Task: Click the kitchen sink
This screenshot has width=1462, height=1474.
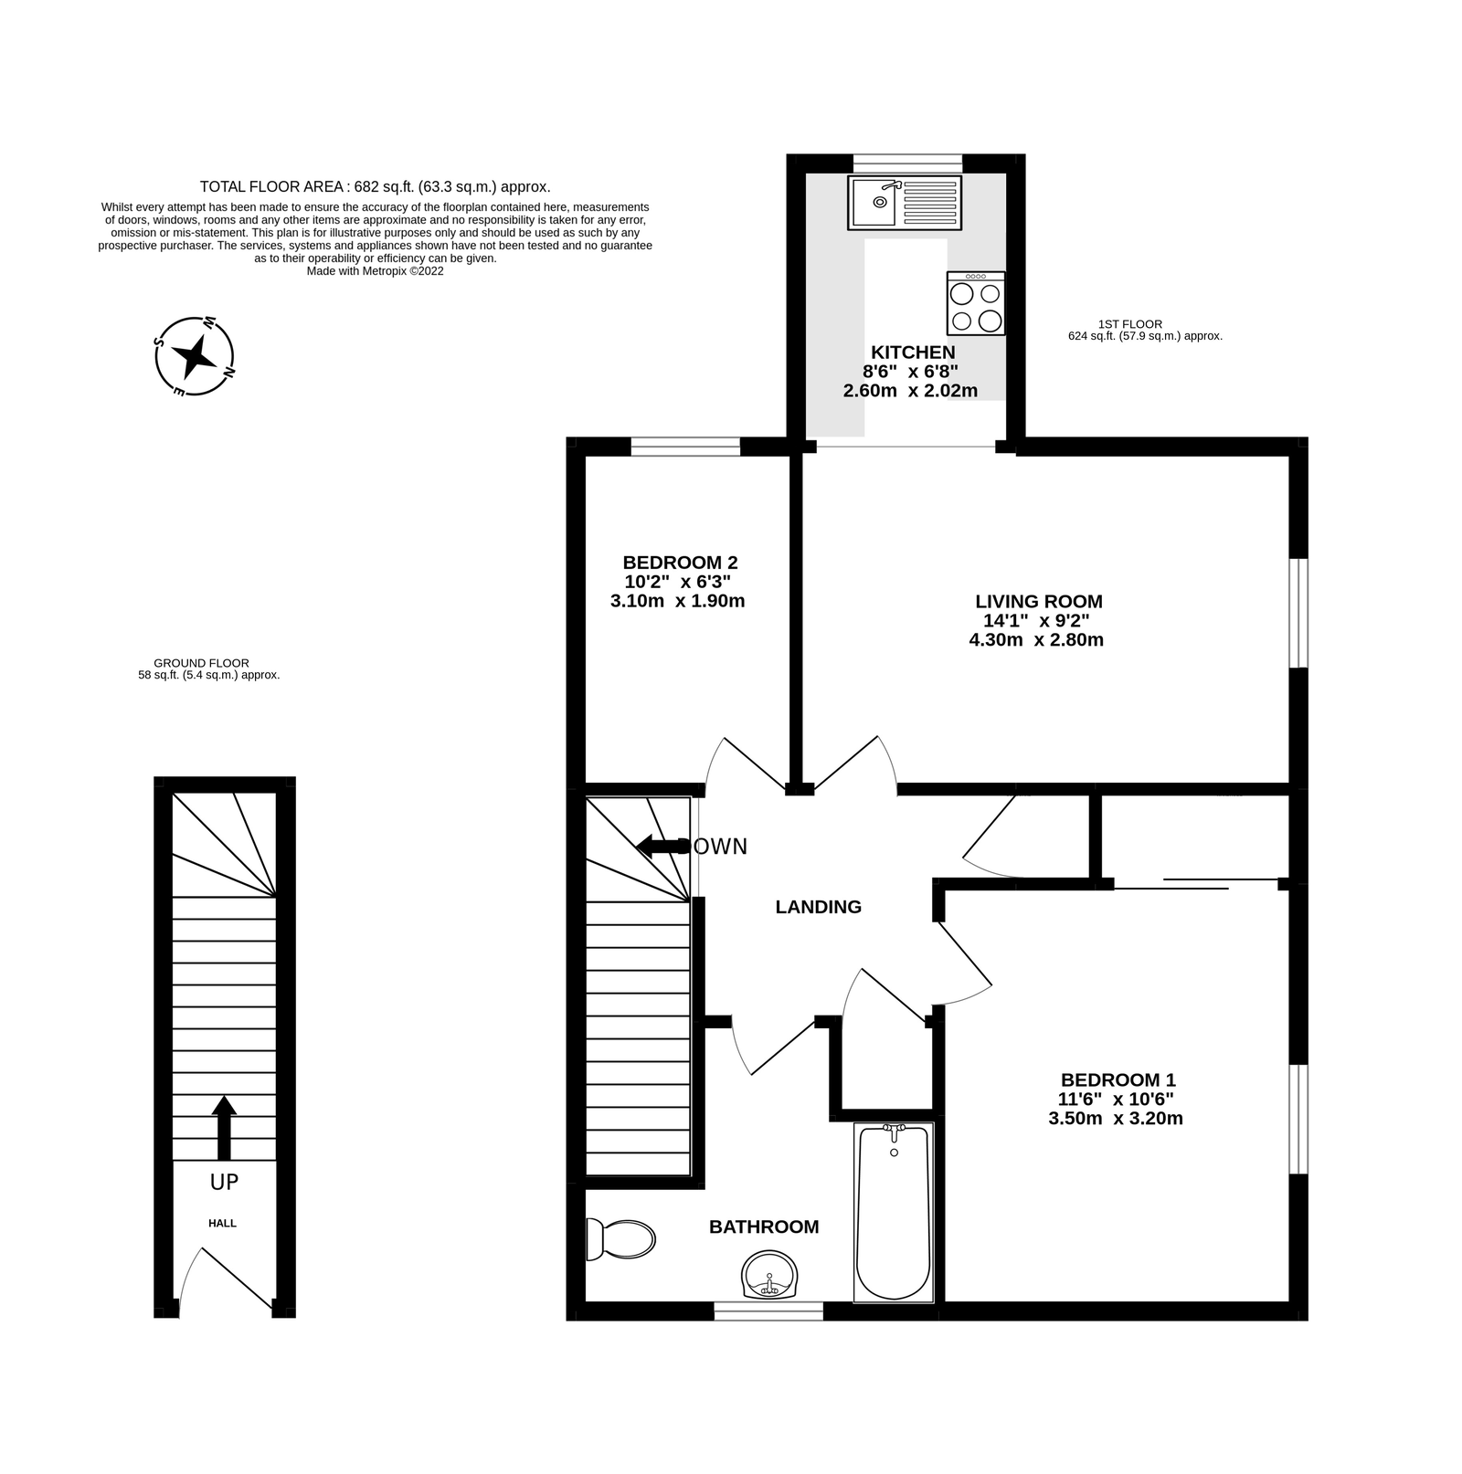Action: [x=904, y=203]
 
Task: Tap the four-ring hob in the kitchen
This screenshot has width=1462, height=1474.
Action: [x=976, y=303]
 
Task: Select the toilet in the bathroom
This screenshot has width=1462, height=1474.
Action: [x=620, y=1239]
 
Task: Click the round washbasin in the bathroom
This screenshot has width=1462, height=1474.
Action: [x=768, y=1275]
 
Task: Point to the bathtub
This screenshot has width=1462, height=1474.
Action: [x=893, y=1212]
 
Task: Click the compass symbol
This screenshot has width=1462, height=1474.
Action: [x=195, y=356]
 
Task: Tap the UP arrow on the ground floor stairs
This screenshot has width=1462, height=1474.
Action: [x=224, y=1128]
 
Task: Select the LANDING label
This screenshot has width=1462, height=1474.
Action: [x=818, y=907]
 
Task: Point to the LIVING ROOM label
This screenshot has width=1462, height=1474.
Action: [x=1039, y=602]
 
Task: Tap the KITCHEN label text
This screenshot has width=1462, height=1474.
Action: [x=913, y=353]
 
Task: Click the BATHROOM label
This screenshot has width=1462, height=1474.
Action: [x=764, y=1227]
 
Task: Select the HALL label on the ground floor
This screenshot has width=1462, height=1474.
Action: [x=222, y=1223]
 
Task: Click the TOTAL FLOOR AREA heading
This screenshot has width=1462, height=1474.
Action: [x=375, y=187]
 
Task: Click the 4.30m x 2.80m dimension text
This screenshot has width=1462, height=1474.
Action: [x=1036, y=640]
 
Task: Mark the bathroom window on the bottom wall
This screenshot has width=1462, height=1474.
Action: [x=768, y=1311]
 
